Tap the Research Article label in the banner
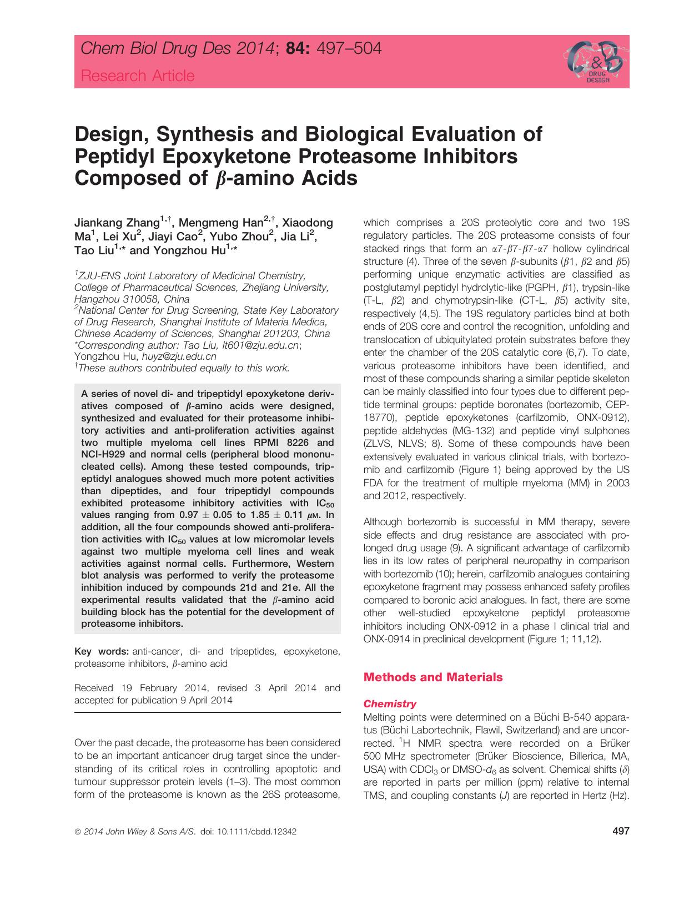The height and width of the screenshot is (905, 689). [x=138, y=76]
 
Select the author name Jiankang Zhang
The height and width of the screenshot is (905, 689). [x=117, y=223]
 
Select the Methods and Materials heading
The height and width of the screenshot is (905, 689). [x=432, y=677]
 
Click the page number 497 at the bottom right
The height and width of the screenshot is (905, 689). [x=620, y=831]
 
